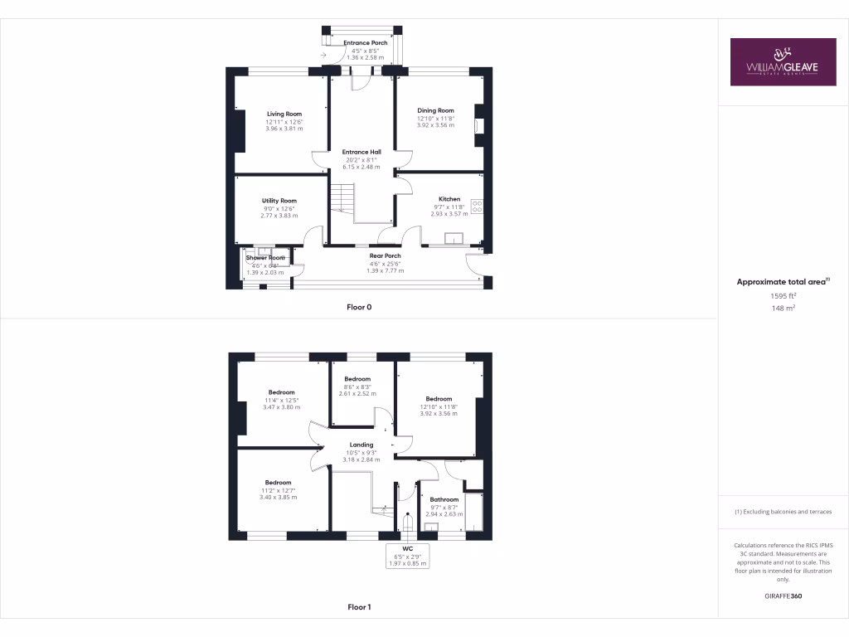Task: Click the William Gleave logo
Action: pos(783,61)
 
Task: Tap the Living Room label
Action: pos(284,114)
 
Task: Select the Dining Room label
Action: pos(435,110)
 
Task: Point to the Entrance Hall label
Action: pos(361,152)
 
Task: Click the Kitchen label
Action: pos(449,199)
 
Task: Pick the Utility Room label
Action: pos(279,201)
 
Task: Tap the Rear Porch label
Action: pos(385,255)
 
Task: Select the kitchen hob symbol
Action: pos(478,206)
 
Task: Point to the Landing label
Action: pos(361,445)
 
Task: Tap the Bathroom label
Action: pos(444,499)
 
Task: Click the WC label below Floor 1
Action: pos(407,548)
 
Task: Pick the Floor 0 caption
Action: pos(359,307)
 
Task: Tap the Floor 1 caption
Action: pos(359,607)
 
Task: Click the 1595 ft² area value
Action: pos(783,295)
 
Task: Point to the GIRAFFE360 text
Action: pos(783,596)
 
